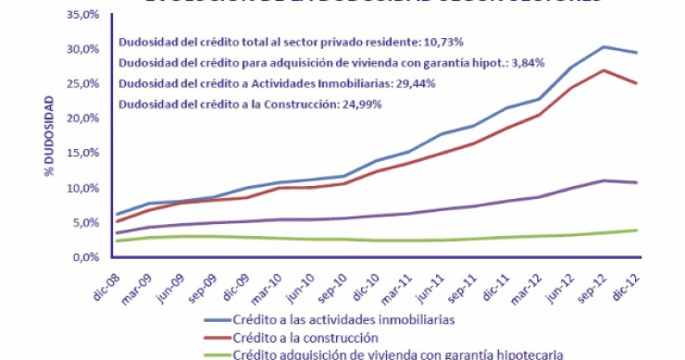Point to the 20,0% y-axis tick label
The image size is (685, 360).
click(81, 118)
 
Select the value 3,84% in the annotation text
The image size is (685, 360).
click(524, 63)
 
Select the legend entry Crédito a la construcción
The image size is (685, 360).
click(305, 336)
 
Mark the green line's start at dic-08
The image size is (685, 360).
click(114, 241)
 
